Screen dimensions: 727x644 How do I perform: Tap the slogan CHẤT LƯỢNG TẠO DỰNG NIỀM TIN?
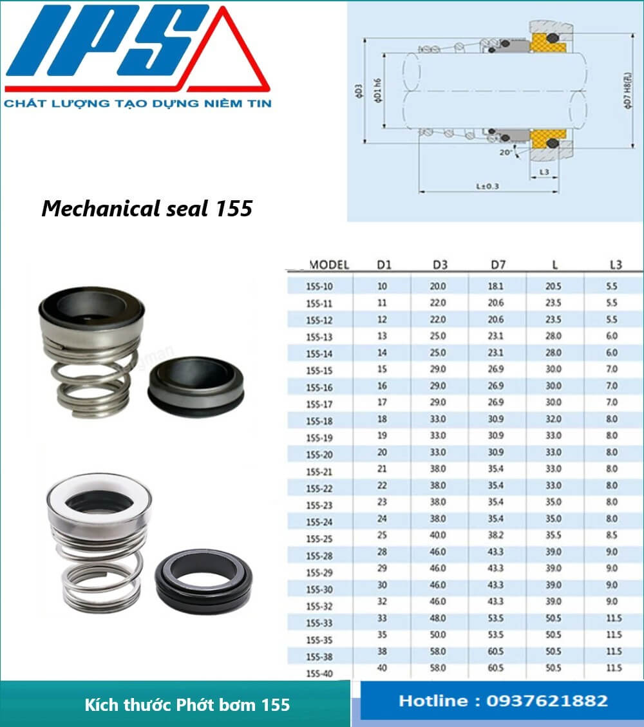coord(137,103)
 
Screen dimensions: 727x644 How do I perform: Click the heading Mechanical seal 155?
coord(147,209)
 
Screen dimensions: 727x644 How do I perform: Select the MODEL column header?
coord(328,265)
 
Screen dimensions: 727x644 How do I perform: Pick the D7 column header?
coord(497,265)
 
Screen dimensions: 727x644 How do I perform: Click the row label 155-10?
coord(320,287)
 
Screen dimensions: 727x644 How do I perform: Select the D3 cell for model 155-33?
coord(438,618)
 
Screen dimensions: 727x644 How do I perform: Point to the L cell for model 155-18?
coord(554,419)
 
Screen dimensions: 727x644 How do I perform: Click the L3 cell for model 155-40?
coord(613,668)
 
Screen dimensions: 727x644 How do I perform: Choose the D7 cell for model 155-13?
coord(496,336)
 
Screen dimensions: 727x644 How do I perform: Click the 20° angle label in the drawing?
coord(506,153)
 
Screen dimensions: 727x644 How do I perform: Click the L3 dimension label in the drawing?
coord(544,173)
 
